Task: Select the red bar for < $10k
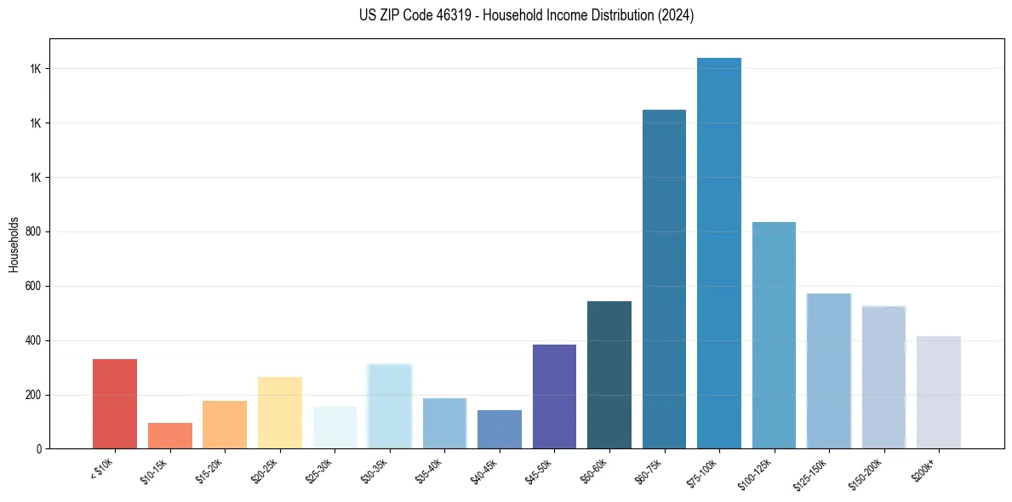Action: click(x=115, y=403)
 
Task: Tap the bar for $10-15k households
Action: click(x=170, y=436)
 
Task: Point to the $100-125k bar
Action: click(x=774, y=335)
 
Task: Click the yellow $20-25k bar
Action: click(x=280, y=413)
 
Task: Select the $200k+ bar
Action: click(x=939, y=392)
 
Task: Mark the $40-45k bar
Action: click(x=500, y=429)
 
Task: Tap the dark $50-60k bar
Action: click(x=609, y=374)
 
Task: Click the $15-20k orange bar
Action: click(x=225, y=425)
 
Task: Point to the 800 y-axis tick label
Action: click(x=33, y=232)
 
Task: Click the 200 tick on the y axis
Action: click(x=33, y=396)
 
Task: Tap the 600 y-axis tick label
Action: click(x=33, y=287)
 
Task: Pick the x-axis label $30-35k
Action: click(x=376, y=471)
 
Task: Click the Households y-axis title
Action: click(x=14, y=244)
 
